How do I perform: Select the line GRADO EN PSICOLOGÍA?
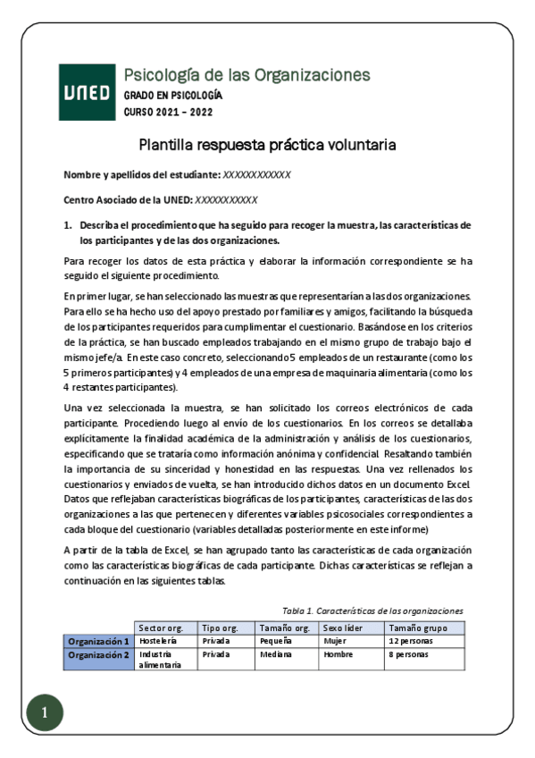[x=173, y=95]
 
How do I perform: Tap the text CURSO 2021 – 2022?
[x=168, y=112]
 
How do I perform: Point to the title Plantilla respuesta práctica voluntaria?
[x=267, y=145]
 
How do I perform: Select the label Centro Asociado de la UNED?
[x=128, y=200]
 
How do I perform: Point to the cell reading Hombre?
[x=339, y=654]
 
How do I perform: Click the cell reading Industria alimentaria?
[x=162, y=660]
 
